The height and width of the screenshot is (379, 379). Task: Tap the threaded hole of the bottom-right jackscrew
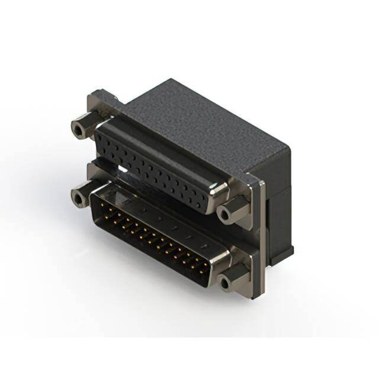coord(226,282)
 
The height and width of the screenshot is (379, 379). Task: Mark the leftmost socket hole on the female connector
coord(101,137)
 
